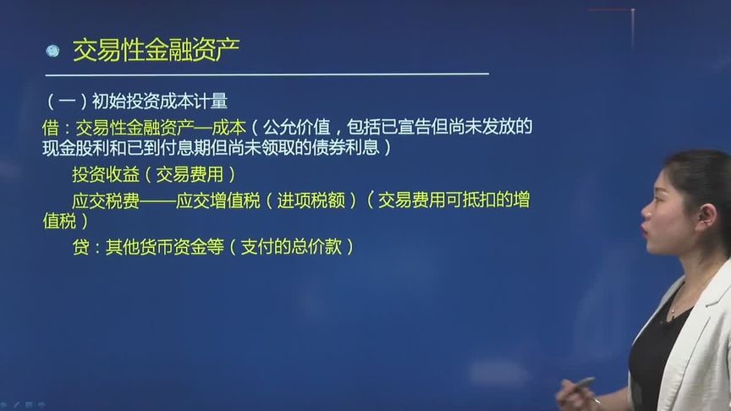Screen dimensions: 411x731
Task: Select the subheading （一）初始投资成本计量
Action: coord(137,102)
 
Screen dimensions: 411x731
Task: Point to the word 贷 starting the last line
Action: coord(81,247)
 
